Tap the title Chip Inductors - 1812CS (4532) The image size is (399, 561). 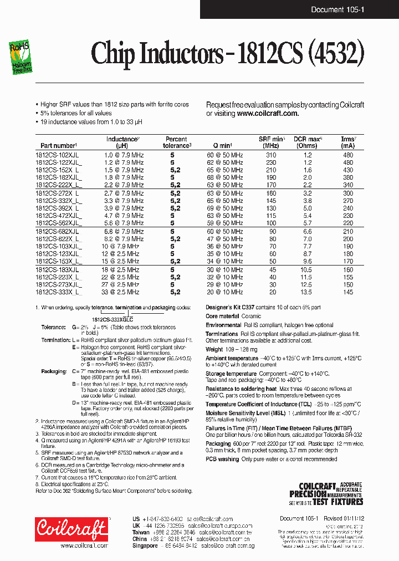[x=227, y=54]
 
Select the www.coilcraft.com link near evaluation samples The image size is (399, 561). [x=268, y=113]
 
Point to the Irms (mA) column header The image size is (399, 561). [x=347, y=142]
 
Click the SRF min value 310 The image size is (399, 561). [x=271, y=155]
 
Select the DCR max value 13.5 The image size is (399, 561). [x=306, y=292]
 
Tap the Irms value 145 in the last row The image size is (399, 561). [x=347, y=292]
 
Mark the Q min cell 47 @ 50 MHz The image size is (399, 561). [x=224, y=238]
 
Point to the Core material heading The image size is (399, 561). [x=223, y=316]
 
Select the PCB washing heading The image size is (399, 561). [x=222, y=460]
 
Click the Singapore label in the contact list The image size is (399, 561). [x=145, y=545]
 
